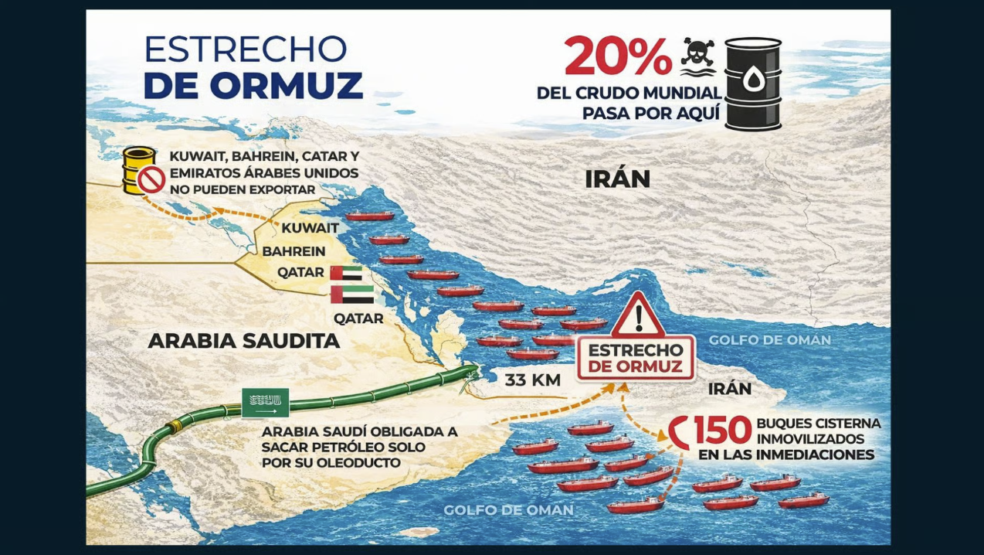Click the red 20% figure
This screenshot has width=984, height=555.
617,56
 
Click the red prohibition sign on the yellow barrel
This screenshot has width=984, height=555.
151,180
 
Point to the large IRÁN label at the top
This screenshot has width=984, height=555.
617,179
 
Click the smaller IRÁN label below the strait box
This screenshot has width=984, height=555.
730,388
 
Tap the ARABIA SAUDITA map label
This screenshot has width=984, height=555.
244,341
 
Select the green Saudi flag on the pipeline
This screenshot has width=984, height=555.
265,403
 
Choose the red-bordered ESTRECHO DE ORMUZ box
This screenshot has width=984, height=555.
636,358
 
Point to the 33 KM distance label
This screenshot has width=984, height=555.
533,380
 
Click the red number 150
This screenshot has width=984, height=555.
722,431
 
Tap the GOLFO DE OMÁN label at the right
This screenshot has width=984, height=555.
770,340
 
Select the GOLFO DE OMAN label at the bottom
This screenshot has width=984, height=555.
508,510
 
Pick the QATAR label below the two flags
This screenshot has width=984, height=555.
358,318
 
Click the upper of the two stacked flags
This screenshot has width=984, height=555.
346,273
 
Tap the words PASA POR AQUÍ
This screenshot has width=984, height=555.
650,113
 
